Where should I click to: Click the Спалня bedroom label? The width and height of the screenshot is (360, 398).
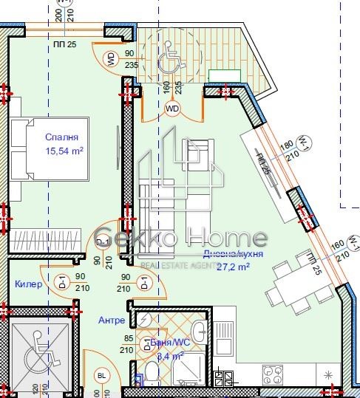click(x=61, y=137)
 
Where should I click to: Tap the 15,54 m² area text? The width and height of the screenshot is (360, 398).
click(x=62, y=151)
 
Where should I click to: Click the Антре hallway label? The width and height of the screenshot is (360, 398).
click(x=111, y=320)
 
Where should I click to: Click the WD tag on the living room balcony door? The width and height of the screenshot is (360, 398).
click(x=172, y=109)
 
